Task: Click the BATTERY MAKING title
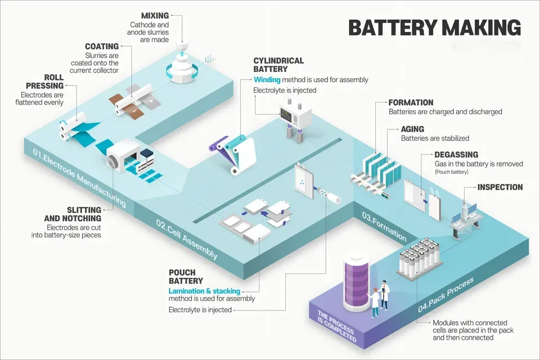pos(435,27)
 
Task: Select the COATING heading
pos(102,46)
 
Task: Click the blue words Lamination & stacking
pos(204,291)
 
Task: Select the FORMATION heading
pos(411,102)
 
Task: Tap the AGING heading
pos(412,129)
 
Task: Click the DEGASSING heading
pos(456,155)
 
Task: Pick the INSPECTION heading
pos(500,187)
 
